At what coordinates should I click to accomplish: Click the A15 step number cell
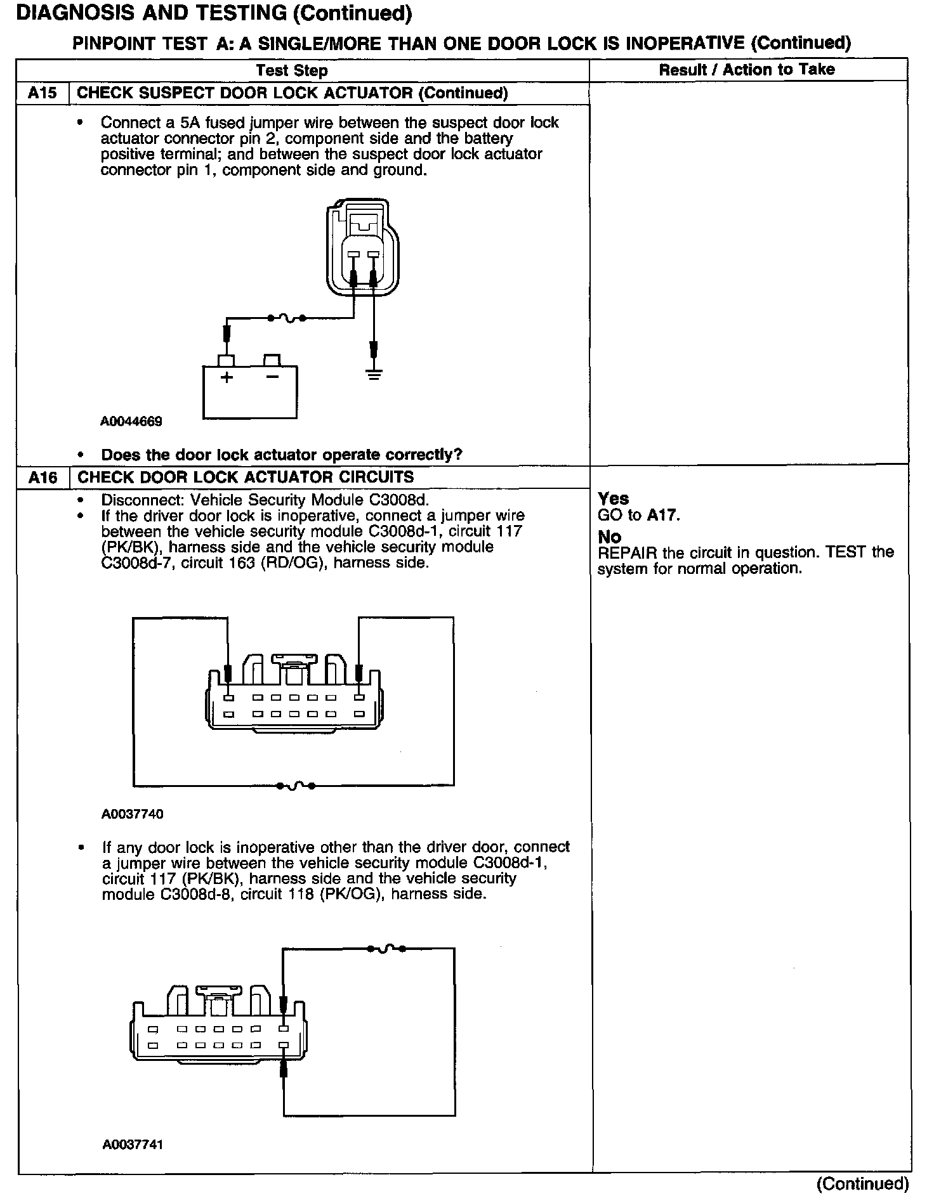point(43,93)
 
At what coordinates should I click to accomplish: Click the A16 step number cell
point(43,478)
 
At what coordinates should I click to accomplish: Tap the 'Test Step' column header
point(291,70)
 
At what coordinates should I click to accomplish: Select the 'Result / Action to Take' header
point(747,70)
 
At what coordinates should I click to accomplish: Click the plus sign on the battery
point(227,378)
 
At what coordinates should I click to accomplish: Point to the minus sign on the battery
point(272,377)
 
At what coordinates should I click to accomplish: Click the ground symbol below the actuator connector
point(374,374)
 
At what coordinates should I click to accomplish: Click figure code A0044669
point(131,422)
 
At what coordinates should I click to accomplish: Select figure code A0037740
point(132,814)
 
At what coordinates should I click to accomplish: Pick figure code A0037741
point(132,1145)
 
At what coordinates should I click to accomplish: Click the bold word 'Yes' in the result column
point(613,499)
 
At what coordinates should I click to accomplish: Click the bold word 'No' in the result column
point(609,537)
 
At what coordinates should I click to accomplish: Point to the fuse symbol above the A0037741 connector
point(386,949)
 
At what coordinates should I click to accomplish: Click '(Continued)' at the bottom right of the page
point(863,1184)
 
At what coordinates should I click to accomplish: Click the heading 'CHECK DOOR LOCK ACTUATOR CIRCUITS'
point(245,478)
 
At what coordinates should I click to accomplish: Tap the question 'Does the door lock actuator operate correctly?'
point(282,455)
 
